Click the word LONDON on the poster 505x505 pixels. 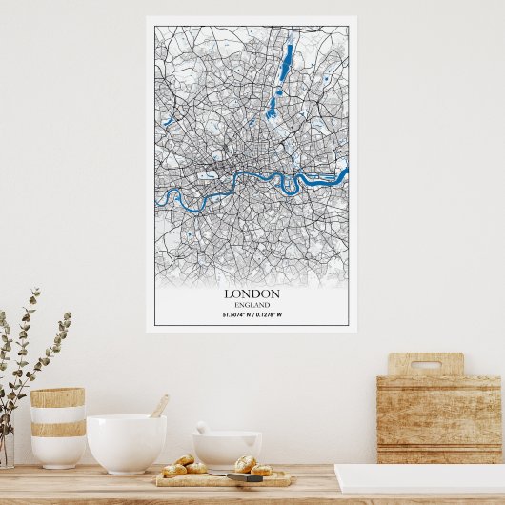coord(252,293)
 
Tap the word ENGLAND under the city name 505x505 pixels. coord(252,304)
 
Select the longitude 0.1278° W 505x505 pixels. coord(268,314)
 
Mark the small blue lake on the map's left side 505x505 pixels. coord(168,122)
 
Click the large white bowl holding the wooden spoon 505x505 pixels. coord(126,442)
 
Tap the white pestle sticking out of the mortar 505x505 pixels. coord(202,428)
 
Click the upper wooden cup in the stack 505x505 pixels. coord(57,397)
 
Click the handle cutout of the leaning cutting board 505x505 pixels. coord(425,365)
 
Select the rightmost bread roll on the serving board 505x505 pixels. coord(262,470)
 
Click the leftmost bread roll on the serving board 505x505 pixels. coord(174,470)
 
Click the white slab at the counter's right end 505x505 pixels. coord(419,477)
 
